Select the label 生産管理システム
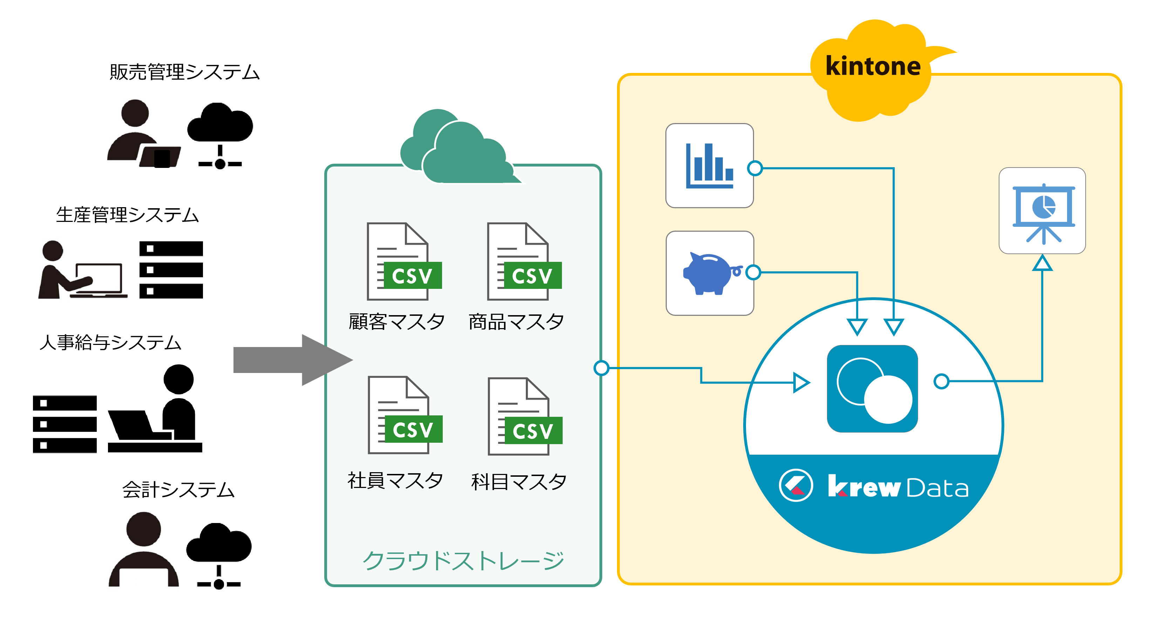tap(127, 215)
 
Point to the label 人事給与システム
tap(110, 342)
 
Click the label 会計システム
tap(178, 489)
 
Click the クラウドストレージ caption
tap(463, 560)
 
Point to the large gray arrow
tap(292, 360)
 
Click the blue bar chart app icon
tap(709, 166)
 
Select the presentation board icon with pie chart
tap(1042, 211)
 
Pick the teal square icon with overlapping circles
tap(872, 389)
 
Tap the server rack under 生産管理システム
tap(171, 270)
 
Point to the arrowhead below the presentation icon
tap(1042, 263)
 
